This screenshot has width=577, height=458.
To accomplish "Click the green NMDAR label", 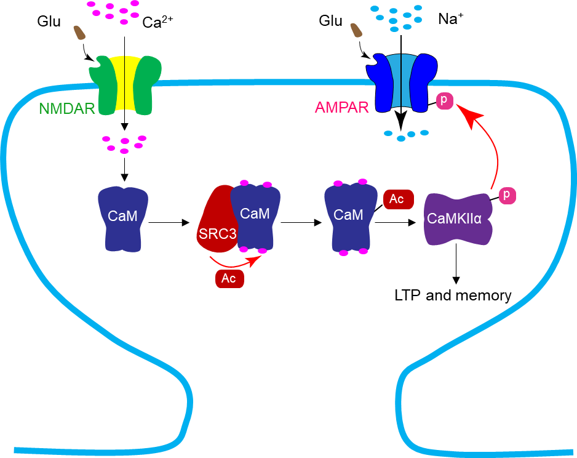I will click(x=66, y=109).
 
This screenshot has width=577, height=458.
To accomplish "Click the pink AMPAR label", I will click(x=341, y=108).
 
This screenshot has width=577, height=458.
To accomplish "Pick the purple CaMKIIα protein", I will click(x=458, y=220).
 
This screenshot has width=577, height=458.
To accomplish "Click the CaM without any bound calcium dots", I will click(x=123, y=219).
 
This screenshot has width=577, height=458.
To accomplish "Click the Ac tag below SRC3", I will click(x=229, y=278).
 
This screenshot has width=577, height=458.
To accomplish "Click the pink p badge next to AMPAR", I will click(x=444, y=100).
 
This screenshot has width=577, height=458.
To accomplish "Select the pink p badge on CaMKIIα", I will click(x=507, y=195).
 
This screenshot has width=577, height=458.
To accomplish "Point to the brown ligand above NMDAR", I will click(x=79, y=33).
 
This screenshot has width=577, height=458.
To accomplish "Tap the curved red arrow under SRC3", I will click(x=234, y=261).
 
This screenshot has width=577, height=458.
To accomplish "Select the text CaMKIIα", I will click(x=455, y=219).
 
